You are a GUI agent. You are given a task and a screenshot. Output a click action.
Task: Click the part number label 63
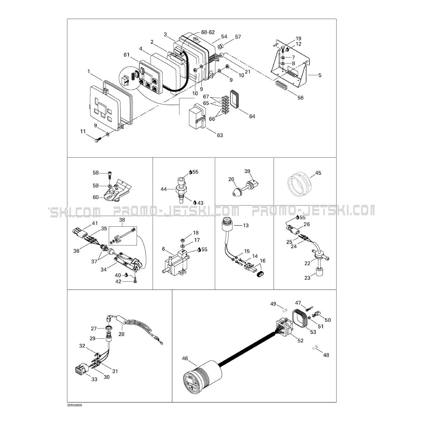click(220, 135)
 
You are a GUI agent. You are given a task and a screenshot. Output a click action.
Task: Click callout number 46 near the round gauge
click(185, 359)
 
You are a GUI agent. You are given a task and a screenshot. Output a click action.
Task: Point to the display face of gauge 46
click(192, 381)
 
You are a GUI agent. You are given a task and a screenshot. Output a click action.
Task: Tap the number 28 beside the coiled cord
click(121, 334)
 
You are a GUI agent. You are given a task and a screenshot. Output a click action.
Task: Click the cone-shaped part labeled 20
click(237, 191)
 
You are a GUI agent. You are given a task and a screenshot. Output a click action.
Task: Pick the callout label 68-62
click(208, 32)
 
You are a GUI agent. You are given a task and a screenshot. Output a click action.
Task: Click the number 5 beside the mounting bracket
click(320, 75)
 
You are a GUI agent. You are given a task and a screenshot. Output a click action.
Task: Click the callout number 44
click(164, 189)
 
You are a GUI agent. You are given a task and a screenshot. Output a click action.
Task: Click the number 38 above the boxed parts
click(122, 220)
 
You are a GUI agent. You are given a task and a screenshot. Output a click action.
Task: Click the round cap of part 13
click(227, 225)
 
